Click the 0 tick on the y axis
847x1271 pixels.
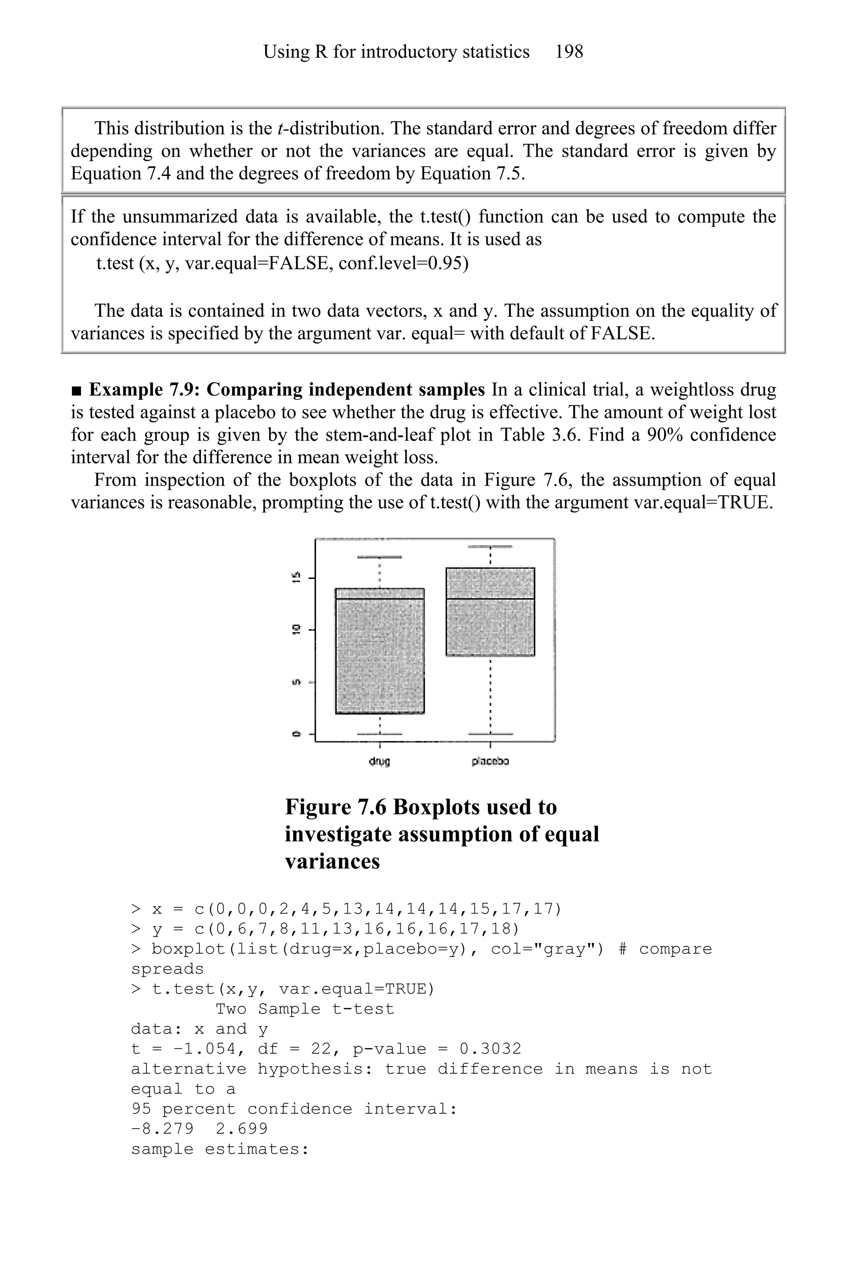click(x=295, y=734)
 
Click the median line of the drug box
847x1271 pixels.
click(x=380, y=599)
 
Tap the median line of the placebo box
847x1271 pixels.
click(x=490, y=599)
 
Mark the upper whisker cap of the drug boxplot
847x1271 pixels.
click(x=380, y=556)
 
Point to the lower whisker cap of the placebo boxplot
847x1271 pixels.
click(x=490, y=734)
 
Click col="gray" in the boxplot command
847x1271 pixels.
click(x=547, y=949)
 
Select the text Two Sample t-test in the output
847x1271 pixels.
click(x=305, y=1009)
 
